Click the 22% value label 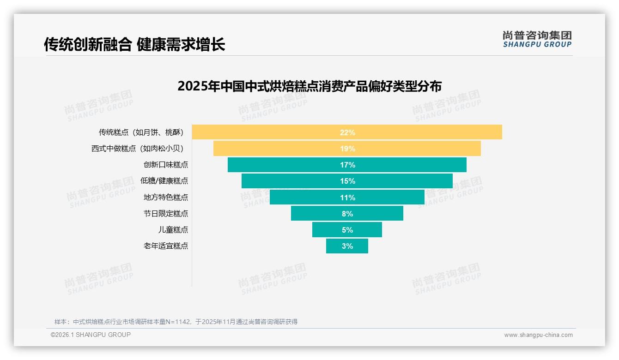[347, 132]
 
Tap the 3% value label [347, 246]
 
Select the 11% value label [347, 198]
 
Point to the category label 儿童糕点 [173, 230]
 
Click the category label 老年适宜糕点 [166, 246]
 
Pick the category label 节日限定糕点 [166, 214]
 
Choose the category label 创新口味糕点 [166, 165]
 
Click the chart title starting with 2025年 [309, 86]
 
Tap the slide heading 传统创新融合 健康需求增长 [134, 44]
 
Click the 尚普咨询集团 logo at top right [537, 39]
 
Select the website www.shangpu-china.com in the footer [538, 335]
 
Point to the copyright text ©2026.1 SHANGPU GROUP [91, 335]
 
